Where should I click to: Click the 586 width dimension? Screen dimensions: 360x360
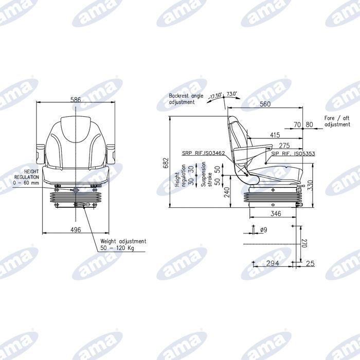(76, 100)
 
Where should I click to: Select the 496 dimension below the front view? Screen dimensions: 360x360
(76, 229)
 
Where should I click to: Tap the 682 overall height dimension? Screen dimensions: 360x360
(166, 163)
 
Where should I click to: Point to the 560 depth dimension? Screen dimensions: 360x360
(265, 104)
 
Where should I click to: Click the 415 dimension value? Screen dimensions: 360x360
(275, 135)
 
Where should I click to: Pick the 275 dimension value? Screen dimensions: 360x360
(284, 146)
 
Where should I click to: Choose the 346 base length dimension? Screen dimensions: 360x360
(276, 214)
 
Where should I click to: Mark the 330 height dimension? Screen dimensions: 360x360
(310, 186)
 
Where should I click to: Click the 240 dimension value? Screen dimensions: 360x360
(227, 192)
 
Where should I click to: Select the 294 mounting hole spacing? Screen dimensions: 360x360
(273, 263)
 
